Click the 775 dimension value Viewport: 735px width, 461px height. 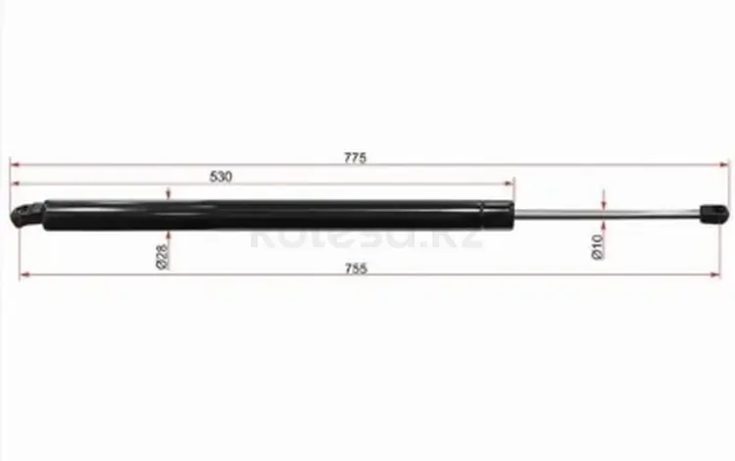click(355, 158)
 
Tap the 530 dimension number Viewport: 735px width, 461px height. click(220, 177)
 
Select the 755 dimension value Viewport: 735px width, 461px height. click(356, 269)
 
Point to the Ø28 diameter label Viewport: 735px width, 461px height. click(162, 257)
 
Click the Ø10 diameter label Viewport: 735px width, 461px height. click(597, 247)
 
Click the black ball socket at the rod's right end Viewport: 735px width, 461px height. click(713, 214)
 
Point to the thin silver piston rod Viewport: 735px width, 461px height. click(607, 214)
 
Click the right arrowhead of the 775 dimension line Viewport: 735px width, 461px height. click(724, 165)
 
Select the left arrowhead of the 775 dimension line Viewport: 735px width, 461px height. click(16, 165)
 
